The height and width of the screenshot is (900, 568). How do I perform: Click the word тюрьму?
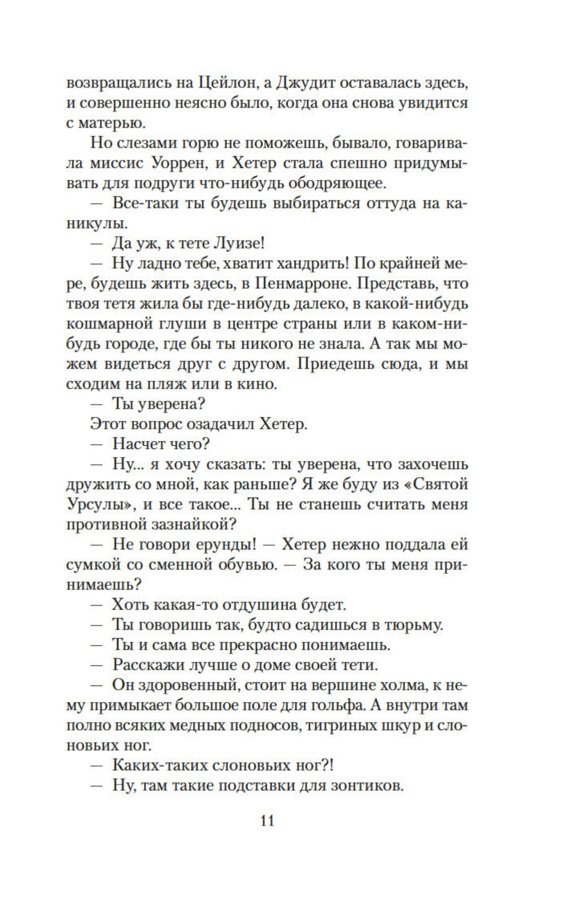(x=414, y=625)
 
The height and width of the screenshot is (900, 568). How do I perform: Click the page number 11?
(x=267, y=820)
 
